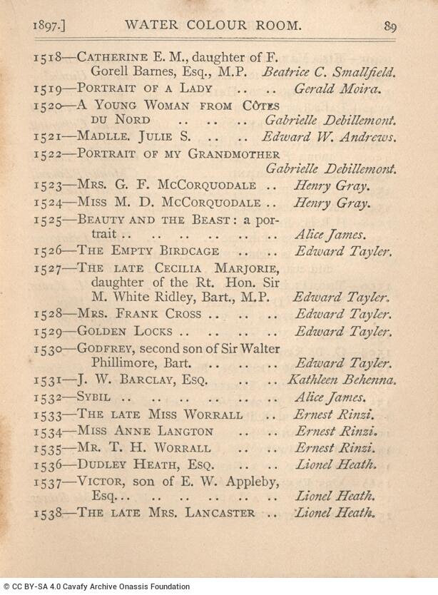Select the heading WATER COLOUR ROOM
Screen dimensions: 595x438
point(213,25)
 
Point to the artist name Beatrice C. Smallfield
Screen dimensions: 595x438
point(329,72)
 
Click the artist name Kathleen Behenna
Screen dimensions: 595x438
point(342,380)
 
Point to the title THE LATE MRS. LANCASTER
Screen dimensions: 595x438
point(165,513)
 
